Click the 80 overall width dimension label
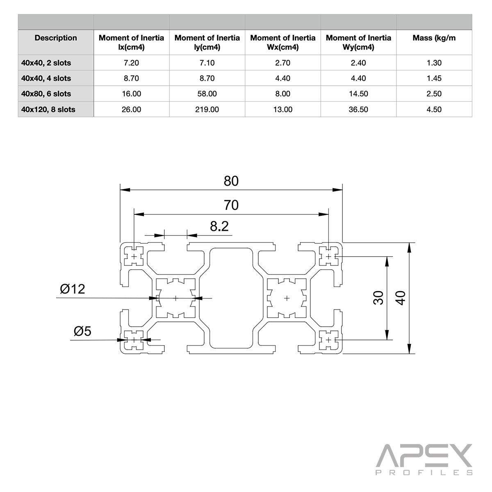pos(231,181)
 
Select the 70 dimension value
pos(231,205)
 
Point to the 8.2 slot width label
pos(219,226)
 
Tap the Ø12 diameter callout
pos(73,289)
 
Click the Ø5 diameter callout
pos(82,331)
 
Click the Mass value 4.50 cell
pos(434,109)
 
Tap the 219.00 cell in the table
pos(207,109)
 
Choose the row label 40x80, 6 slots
pos(46,94)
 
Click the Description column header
pos(56,38)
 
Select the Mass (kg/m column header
pos(434,38)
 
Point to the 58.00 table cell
pos(207,94)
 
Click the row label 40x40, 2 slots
pos(46,63)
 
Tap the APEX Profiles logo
pos(424,459)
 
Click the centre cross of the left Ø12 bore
pos(176,298)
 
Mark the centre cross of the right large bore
pos(286,298)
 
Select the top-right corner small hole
pos(328,257)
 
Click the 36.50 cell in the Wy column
pos(358,109)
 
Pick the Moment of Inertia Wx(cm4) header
pos(283,42)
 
